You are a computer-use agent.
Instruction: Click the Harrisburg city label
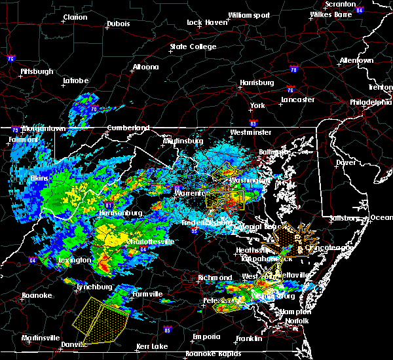(257, 83)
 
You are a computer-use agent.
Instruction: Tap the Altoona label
(145, 67)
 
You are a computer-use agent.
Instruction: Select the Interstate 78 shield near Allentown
(293, 69)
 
